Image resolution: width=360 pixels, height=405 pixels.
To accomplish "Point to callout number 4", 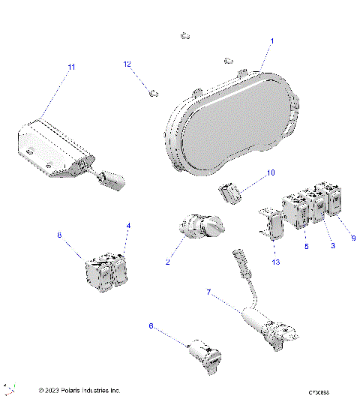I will [x=128, y=226].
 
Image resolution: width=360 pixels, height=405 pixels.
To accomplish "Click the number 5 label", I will [x=306, y=246].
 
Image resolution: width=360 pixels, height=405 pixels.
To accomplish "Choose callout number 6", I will [x=151, y=326].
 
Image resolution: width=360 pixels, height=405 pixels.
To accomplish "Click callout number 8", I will [x=60, y=235].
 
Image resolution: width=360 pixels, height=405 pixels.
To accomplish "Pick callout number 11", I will [x=72, y=67].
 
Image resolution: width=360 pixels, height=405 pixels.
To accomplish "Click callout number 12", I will [x=127, y=64].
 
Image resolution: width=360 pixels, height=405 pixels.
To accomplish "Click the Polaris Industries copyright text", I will [x=79, y=391].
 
